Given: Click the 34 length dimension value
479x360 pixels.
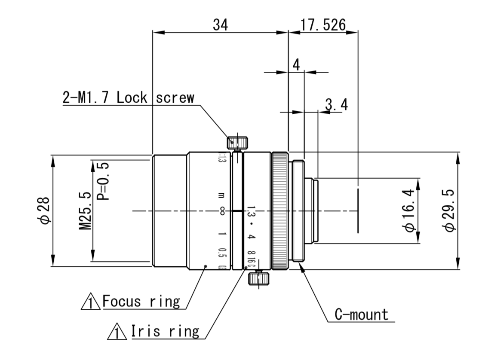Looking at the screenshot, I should point(221,25).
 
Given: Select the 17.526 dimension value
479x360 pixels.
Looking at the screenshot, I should point(323,25).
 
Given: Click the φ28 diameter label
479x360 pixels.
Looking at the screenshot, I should point(45,211).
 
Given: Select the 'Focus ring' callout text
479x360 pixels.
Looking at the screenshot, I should point(141,301).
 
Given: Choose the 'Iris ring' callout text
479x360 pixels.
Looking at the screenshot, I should point(165,331).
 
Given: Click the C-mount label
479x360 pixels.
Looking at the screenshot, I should point(361,315).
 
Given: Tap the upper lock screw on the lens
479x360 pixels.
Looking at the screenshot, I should point(237,142).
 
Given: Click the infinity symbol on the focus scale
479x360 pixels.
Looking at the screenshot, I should point(222,211).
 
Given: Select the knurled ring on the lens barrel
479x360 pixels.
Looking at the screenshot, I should point(279,211).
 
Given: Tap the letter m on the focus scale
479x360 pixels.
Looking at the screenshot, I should point(221,196).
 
